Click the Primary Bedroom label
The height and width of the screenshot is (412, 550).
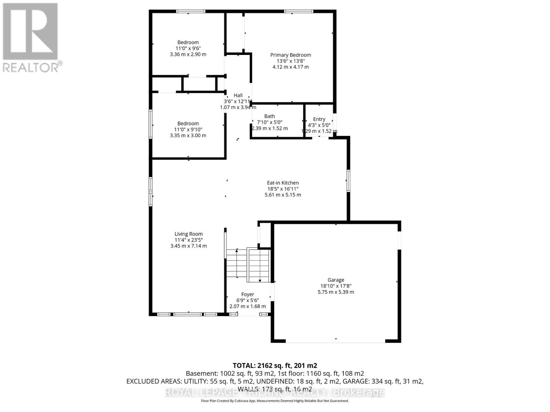[290, 55]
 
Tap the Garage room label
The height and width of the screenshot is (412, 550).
[335, 280]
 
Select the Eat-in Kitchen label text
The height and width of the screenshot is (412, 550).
[283, 183]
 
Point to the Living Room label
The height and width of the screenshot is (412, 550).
[188, 234]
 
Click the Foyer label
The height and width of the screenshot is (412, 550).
[247, 294]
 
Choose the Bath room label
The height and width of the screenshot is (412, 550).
[269, 116]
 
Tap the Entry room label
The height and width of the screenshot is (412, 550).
[319, 119]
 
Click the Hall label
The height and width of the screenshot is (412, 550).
[238, 95]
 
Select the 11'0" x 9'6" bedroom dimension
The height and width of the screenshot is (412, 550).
[188, 48]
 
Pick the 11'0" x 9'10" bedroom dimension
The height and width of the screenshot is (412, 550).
[188, 129]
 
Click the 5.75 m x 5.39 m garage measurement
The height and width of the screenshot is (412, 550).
[335, 292]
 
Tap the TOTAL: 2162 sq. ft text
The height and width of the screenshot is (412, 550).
[275, 366]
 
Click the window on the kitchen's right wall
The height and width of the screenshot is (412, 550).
[348, 181]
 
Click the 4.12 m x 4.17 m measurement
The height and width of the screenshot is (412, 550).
[290, 67]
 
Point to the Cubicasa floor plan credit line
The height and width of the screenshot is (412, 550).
[275, 401]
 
